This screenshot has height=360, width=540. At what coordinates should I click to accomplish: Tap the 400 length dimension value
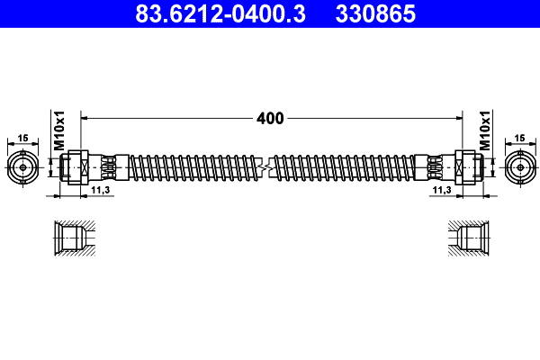270,118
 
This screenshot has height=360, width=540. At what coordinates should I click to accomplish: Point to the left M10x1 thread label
59,131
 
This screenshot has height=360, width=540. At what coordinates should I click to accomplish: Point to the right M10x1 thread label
483,131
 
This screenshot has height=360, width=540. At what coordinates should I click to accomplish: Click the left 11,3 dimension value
101,192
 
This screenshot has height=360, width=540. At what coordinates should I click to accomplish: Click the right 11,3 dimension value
442,192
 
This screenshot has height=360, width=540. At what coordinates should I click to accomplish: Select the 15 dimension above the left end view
22,138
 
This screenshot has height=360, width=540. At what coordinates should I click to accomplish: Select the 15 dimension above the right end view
518,138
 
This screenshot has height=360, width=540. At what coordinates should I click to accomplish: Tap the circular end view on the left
22,168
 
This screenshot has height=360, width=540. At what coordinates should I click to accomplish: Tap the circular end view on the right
518,168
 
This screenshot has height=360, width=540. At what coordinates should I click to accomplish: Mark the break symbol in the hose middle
265,168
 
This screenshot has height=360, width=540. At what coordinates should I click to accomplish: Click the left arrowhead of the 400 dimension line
86,118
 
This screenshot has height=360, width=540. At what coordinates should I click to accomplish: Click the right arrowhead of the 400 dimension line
456,118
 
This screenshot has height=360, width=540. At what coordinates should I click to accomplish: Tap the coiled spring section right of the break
346,168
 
